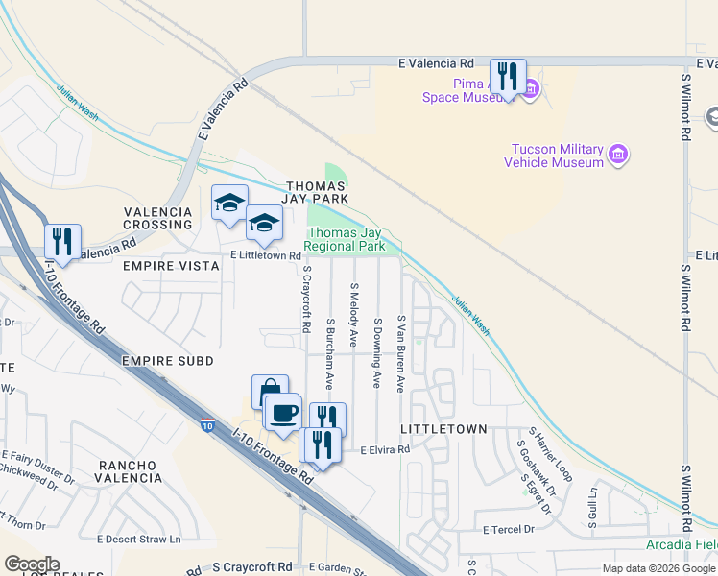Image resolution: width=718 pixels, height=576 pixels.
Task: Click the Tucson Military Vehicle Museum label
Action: click(x=557, y=156)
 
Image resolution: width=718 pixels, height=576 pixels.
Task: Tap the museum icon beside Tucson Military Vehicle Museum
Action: click(x=618, y=155)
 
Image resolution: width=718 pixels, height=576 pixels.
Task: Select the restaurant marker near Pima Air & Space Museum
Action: click(x=508, y=77)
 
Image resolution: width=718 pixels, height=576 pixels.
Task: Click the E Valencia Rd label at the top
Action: click(x=437, y=63)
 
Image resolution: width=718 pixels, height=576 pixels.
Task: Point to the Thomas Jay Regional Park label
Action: click(x=346, y=239)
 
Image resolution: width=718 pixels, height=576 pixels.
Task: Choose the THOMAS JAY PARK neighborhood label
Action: click(x=315, y=192)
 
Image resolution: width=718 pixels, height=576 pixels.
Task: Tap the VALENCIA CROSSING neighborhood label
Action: click(x=157, y=217)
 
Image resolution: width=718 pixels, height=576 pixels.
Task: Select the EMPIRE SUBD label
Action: click(x=168, y=360)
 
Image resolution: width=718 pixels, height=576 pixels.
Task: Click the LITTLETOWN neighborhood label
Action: click(x=449, y=428)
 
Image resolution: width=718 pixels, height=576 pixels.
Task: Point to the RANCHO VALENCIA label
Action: click(x=129, y=471)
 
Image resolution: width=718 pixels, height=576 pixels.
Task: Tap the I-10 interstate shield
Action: click(x=207, y=424)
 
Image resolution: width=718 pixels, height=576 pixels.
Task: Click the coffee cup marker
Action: click(x=282, y=413)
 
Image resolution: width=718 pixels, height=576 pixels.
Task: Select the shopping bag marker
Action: click(x=270, y=390)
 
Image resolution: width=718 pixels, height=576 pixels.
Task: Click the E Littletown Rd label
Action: click(x=265, y=256)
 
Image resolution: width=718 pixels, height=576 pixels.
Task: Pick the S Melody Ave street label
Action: click(x=353, y=314)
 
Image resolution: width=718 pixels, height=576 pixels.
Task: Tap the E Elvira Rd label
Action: click(x=385, y=449)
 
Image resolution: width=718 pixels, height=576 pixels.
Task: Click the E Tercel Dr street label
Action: click(x=508, y=530)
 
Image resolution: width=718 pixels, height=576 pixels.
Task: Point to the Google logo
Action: click(x=32, y=564)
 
